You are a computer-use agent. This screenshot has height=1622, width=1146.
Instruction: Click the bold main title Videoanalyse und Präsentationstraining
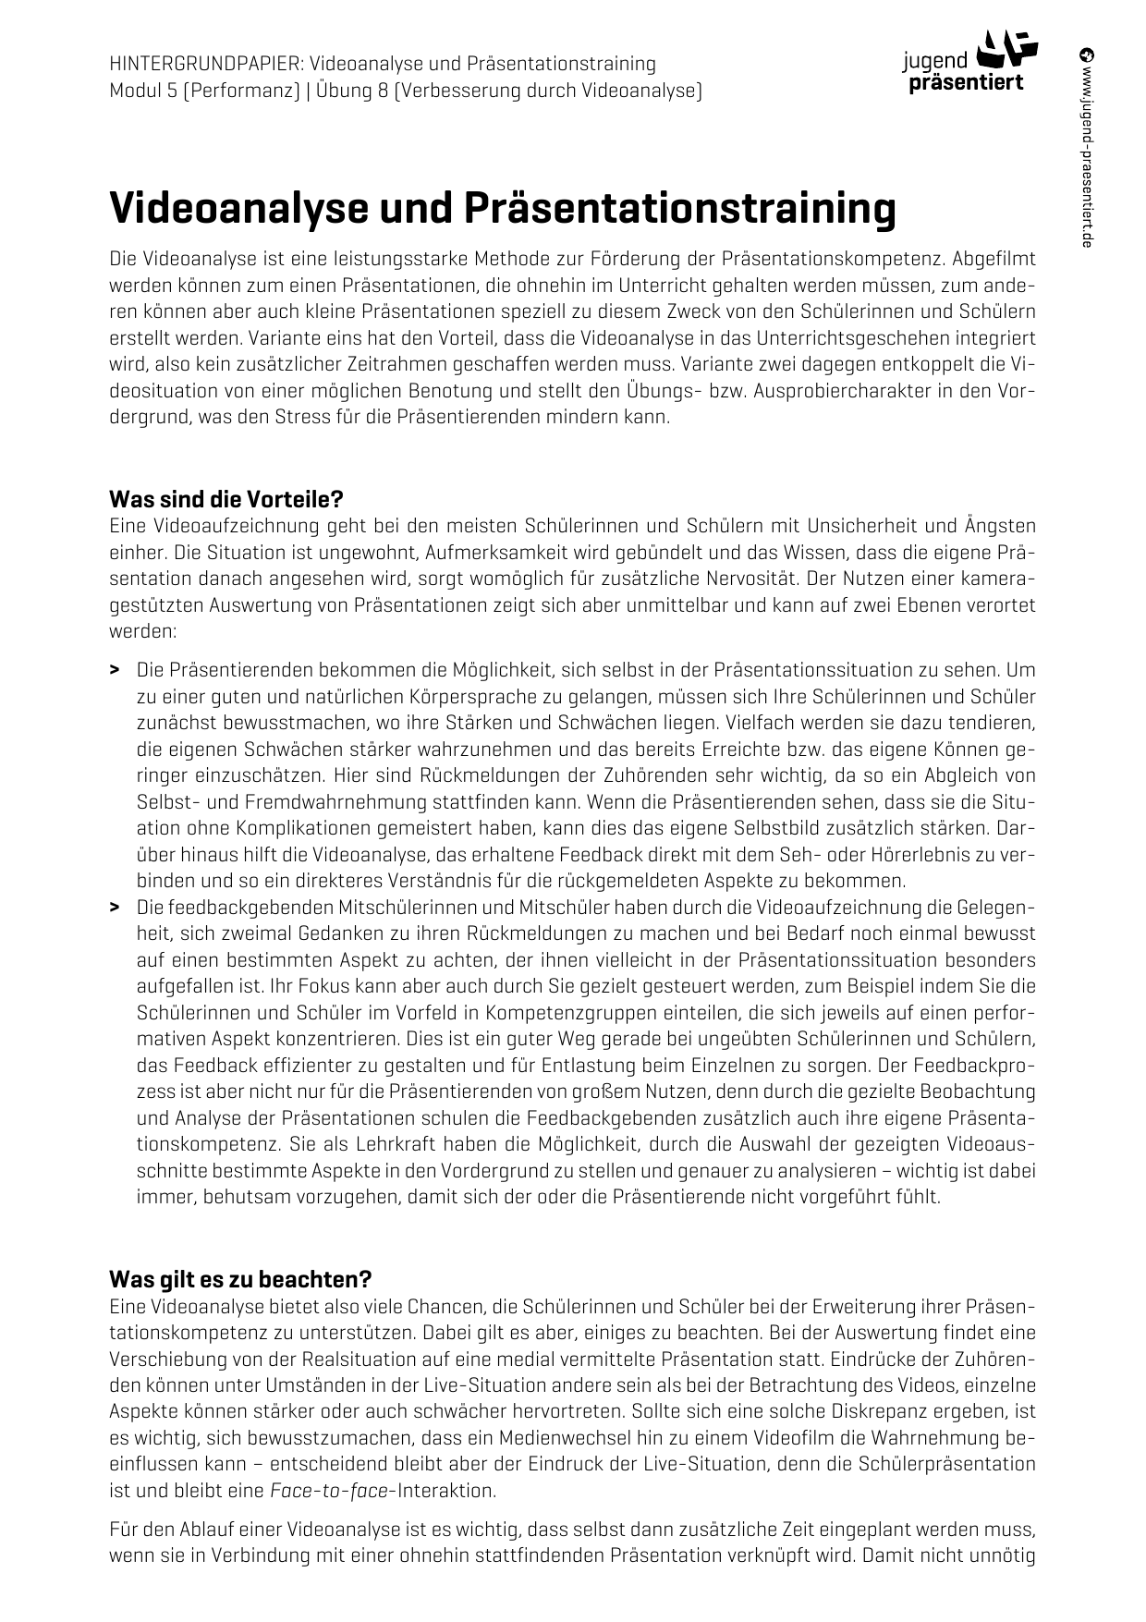click(503, 208)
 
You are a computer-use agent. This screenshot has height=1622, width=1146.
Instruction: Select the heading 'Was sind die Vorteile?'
click(226, 500)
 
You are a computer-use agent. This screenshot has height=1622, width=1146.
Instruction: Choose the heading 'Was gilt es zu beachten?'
click(240, 1280)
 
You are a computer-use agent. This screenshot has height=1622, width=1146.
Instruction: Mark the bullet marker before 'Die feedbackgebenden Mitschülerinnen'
click(115, 908)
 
